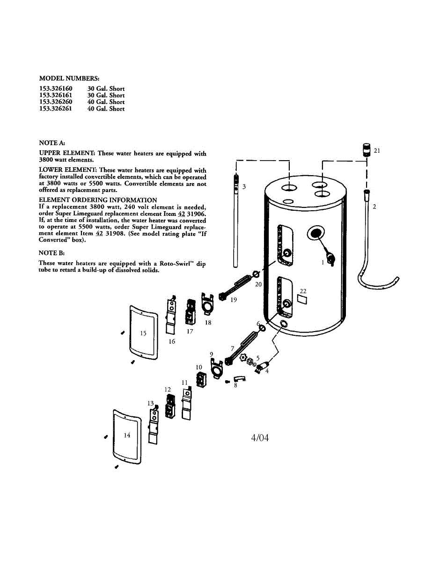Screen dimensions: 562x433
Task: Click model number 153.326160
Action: [x=56, y=88]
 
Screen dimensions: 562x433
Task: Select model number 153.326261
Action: [x=56, y=109]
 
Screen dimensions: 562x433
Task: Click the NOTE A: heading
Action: [x=52, y=142]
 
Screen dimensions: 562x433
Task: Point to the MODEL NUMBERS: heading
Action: [x=69, y=78]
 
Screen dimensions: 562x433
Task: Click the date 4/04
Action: [x=260, y=438]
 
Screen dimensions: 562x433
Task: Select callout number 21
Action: [x=377, y=150]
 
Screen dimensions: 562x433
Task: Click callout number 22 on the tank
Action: [x=303, y=291]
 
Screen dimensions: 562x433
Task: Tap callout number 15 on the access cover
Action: [x=143, y=333]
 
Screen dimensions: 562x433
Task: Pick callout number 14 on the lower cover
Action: [x=127, y=435]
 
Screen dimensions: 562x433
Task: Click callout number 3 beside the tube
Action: [x=244, y=186]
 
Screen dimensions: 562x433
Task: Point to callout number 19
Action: [x=233, y=300]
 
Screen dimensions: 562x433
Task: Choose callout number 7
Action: [x=232, y=348]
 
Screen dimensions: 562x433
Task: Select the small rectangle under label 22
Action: [x=302, y=300]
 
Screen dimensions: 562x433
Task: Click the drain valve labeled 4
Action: [x=260, y=367]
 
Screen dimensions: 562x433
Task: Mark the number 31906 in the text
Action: [x=196, y=213]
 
